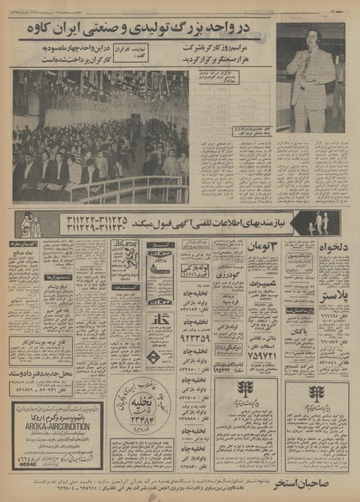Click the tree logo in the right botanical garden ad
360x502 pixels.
[316, 392]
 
